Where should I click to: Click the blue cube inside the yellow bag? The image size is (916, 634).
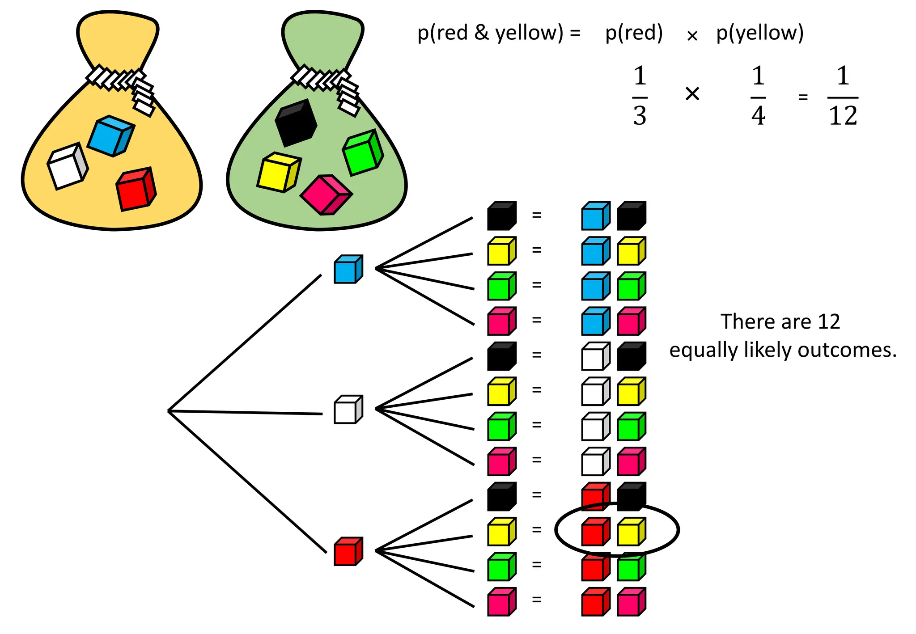pos(110,136)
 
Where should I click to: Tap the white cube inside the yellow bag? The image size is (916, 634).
pos(67,166)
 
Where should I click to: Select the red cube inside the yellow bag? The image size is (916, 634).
pos(135,189)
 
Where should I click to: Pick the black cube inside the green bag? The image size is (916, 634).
pos(296,123)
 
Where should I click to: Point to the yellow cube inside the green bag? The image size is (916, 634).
pos(278,173)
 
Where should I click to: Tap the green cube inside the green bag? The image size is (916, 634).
pos(363,152)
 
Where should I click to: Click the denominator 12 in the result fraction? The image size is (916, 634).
pos(843,116)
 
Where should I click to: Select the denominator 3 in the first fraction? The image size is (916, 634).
pos(640,116)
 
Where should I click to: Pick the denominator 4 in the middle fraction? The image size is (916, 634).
pos(758,116)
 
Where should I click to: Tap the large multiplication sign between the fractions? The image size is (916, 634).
pos(692,94)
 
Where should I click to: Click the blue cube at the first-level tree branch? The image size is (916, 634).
pos(348,269)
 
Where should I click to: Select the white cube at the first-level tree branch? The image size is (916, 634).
pos(348,410)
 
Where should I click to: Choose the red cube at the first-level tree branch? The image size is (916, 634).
pos(348,551)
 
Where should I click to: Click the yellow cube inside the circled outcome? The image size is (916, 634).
pos(631,532)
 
